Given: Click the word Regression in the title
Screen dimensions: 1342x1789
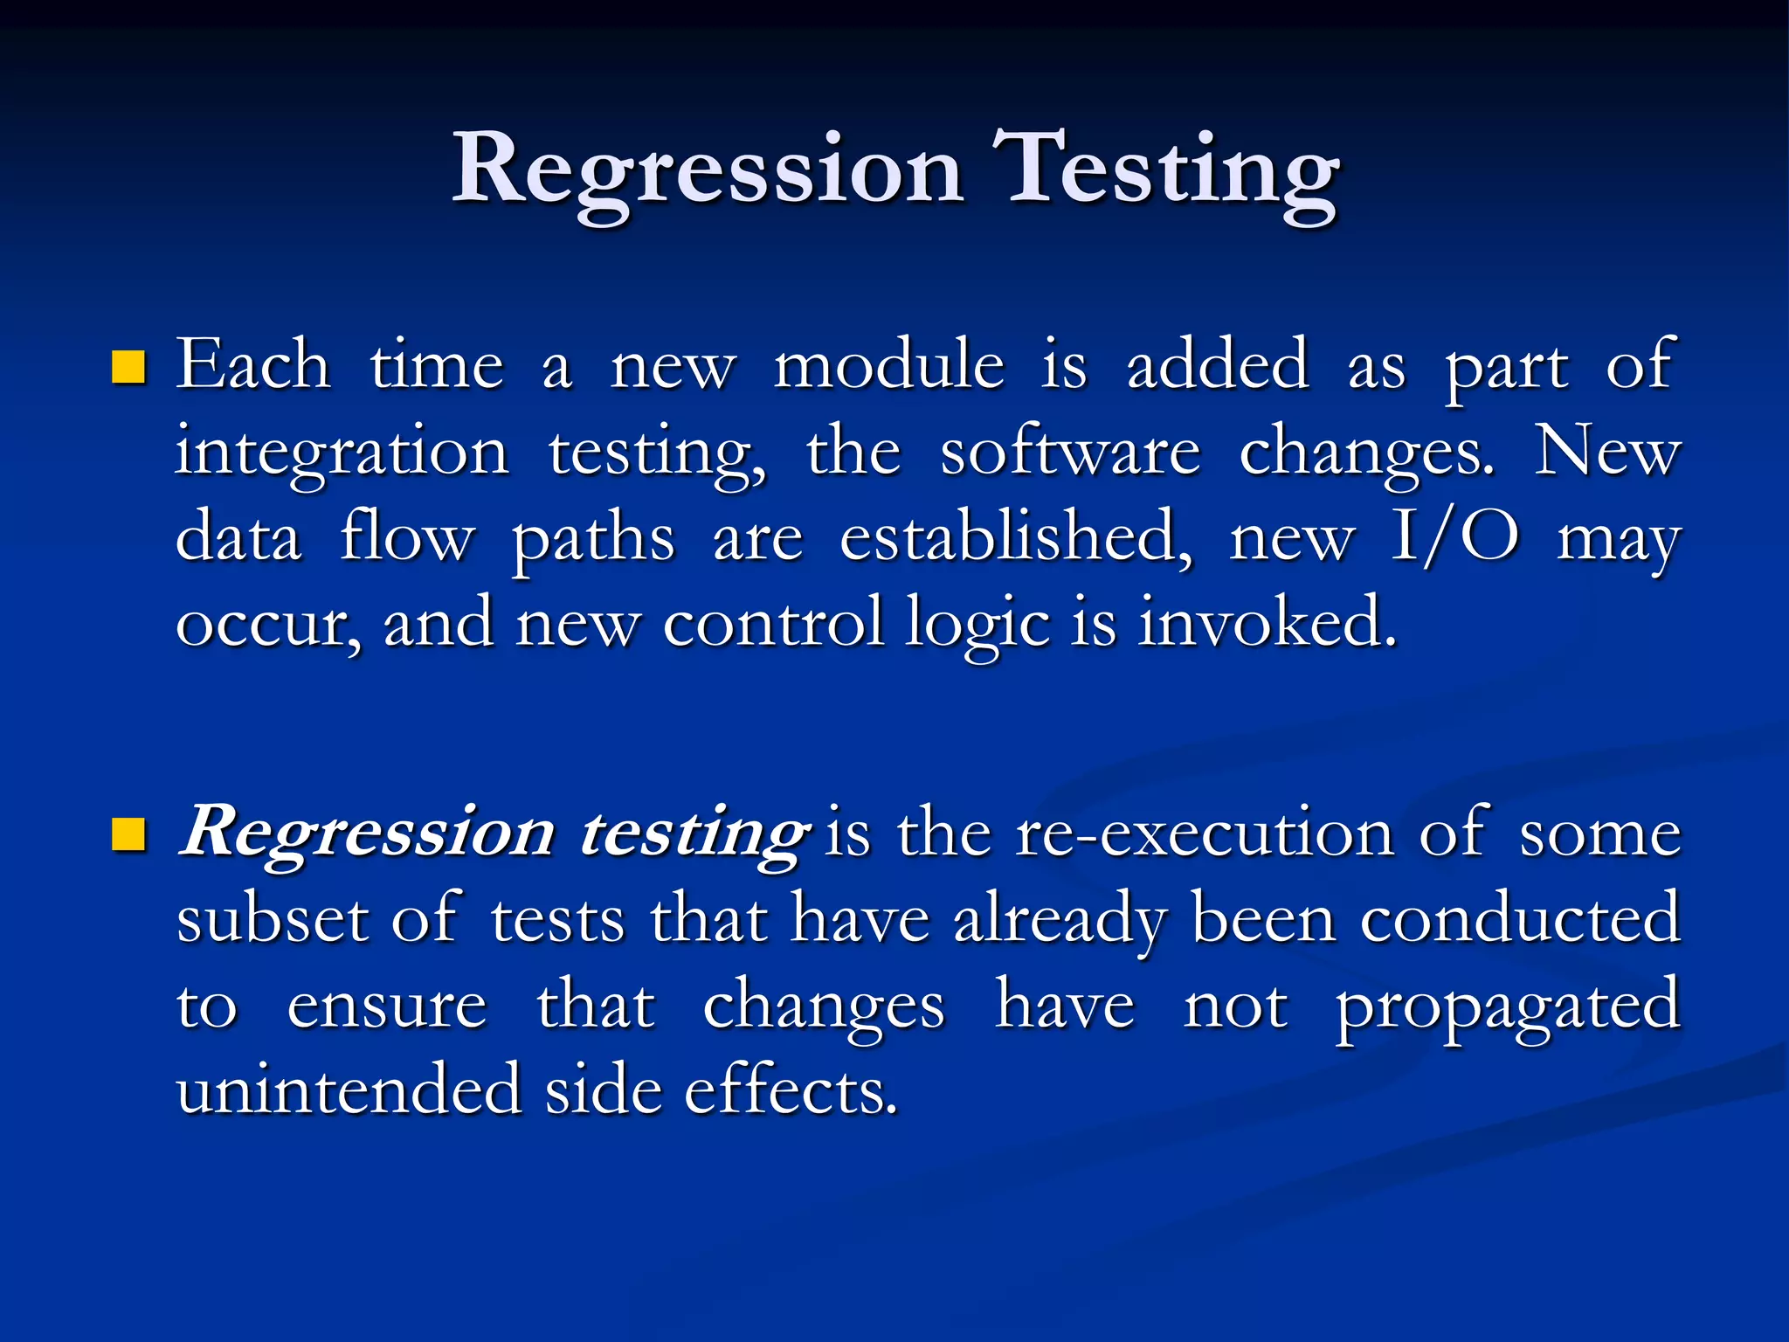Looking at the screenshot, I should [708, 170].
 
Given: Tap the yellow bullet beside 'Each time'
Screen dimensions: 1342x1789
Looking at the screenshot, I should [128, 368].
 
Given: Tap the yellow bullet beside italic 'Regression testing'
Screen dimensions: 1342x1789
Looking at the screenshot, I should [128, 834].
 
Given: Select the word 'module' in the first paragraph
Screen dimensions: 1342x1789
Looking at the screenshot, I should [889, 364].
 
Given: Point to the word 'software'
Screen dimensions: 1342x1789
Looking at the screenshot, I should [1070, 453].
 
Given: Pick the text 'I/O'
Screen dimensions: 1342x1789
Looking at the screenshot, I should [1454, 536].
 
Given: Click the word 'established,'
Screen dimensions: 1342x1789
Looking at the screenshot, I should [1015, 536].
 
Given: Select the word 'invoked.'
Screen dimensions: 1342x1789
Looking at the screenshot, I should [1267, 622].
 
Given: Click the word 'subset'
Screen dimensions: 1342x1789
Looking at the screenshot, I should [270, 919].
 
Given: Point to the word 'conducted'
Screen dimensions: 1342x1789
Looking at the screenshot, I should [1520, 919].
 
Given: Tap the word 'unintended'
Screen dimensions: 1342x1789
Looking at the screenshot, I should [349, 1090].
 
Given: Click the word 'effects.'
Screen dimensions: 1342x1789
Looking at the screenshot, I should [791, 1090].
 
